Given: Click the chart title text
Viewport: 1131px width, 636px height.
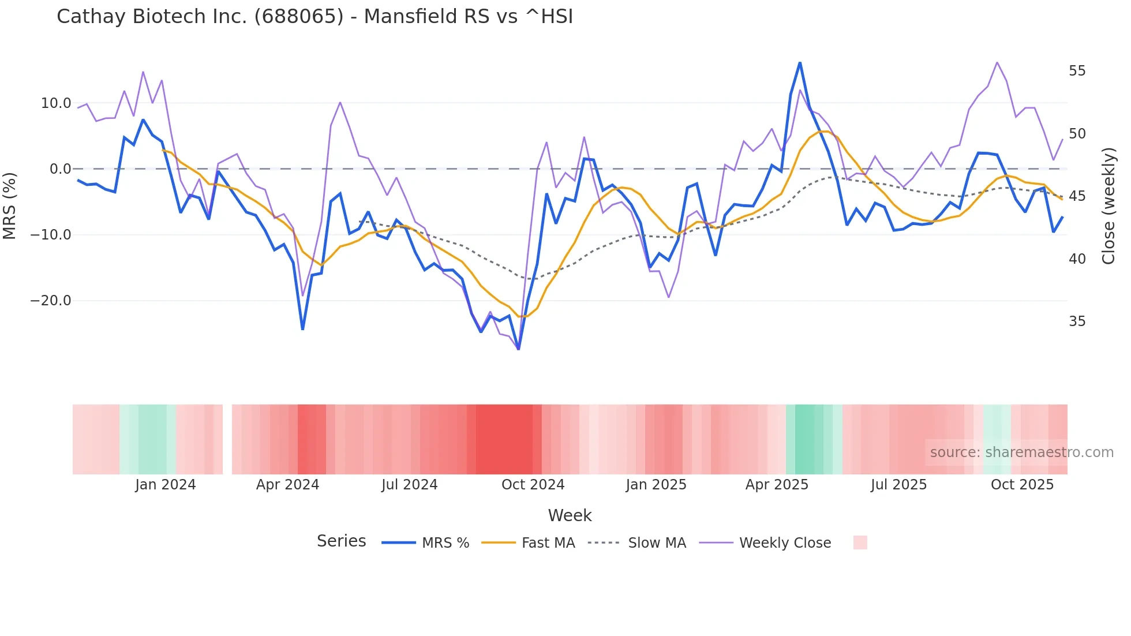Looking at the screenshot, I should tap(314, 17).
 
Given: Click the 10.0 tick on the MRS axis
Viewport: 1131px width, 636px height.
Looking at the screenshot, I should tap(55, 103).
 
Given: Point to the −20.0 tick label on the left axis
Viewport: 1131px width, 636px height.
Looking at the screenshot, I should tap(51, 301).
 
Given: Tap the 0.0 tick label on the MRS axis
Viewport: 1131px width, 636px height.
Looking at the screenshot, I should tap(60, 169).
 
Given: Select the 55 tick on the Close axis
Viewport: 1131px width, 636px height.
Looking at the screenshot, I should tap(1077, 71).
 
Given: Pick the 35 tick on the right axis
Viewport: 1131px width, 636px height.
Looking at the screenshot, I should tap(1077, 321).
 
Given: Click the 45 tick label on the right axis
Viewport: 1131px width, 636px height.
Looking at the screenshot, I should tap(1077, 196).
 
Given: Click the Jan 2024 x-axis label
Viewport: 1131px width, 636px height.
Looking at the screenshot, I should tap(166, 485).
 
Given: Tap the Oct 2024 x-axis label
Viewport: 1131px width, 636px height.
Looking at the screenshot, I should tap(533, 485).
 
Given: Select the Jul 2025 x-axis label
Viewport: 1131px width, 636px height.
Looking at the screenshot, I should tap(898, 485).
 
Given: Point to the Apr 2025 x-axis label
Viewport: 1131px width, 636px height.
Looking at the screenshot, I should tap(777, 485).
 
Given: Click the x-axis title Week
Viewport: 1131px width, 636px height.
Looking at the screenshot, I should tap(570, 515).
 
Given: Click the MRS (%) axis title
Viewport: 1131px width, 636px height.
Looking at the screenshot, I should tap(10, 205).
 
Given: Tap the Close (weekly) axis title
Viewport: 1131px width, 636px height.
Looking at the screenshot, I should tap(1108, 206).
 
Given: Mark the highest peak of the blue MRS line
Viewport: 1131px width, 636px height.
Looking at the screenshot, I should tap(800, 62).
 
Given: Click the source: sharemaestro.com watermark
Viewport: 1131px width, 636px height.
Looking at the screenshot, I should tap(1021, 452).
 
